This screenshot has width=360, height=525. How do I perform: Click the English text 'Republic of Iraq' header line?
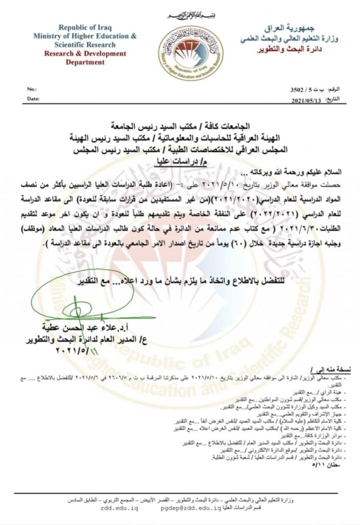pyautogui.click(x=85, y=28)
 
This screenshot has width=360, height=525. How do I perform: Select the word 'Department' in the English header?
pyautogui.click(x=85, y=62)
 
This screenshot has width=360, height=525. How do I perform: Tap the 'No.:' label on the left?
pyautogui.click(x=32, y=89)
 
